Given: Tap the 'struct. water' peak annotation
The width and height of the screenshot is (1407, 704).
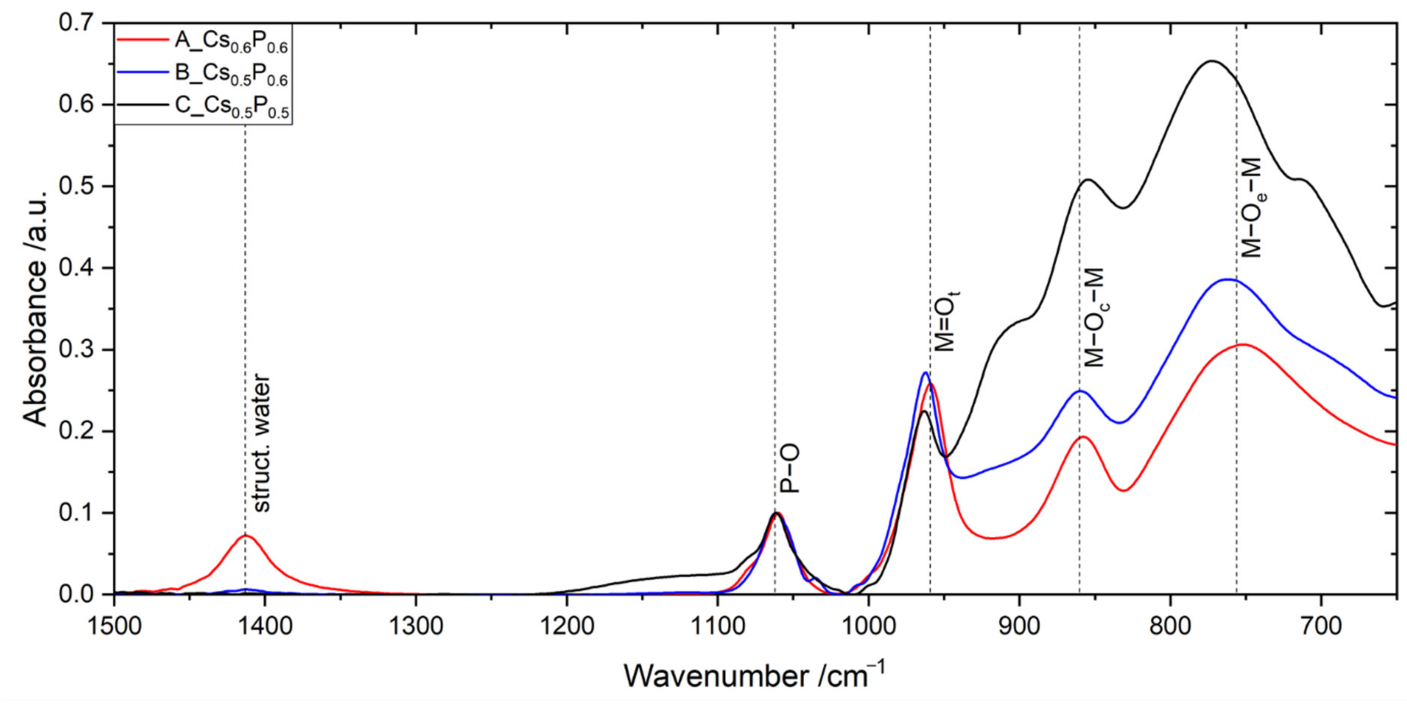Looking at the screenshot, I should pos(262,443).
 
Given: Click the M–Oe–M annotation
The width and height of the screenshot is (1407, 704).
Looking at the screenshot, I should pos(1252,208).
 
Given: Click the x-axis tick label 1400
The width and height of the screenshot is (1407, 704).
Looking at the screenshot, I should pos(265,626).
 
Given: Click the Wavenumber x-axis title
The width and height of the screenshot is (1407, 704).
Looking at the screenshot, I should pos(754,675).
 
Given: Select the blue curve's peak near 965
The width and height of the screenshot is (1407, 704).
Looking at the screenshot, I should pos(925,373).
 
